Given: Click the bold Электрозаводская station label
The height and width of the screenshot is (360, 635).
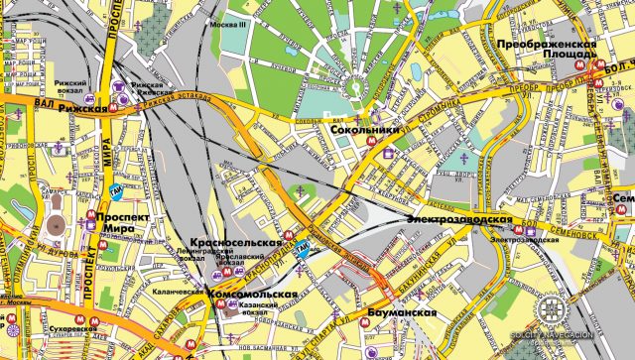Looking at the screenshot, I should click(x=458, y=217).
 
